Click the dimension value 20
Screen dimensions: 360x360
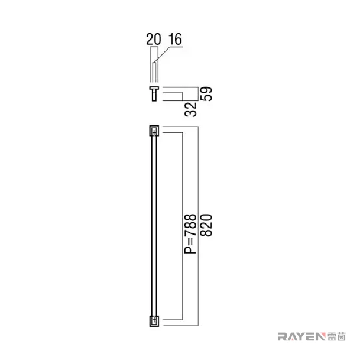tap(153, 39)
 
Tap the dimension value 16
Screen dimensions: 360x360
tap(176, 39)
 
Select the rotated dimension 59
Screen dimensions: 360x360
tap(206, 93)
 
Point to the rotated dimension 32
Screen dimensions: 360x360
tap(190, 109)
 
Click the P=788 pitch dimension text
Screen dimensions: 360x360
tap(190, 233)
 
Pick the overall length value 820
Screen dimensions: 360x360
tap(206, 225)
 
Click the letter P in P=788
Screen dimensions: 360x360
tap(190, 250)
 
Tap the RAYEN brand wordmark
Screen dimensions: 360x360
tap(301, 336)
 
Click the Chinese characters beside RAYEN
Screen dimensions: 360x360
tap(336, 336)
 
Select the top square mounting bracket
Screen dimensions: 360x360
tap(154, 131)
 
